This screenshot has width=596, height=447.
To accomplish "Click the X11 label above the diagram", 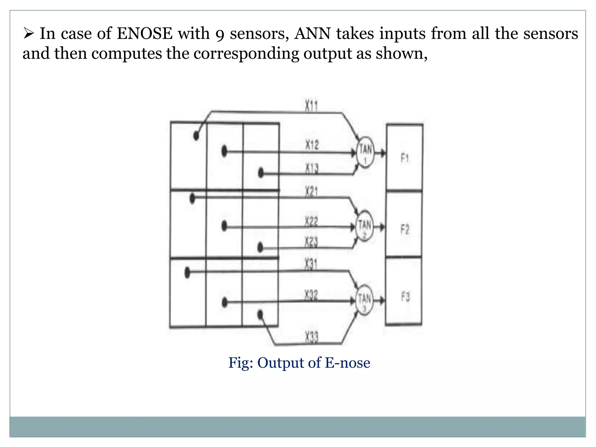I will click(x=311, y=106).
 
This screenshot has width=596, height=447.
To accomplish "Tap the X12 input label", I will click(x=312, y=145).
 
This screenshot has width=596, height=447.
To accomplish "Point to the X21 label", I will click(x=311, y=192).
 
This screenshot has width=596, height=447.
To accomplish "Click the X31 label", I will click(x=311, y=265).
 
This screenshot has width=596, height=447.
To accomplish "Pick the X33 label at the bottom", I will click(x=312, y=338).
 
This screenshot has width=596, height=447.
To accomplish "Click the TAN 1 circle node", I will click(x=365, y=152).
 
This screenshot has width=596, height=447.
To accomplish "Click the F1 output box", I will click(x=405, y=158).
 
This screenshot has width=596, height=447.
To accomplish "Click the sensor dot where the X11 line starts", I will click(x=196, y=136).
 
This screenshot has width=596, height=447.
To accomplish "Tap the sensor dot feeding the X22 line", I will click(x=224, y=226).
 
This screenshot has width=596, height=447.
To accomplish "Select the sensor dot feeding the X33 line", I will click(x=260, y=315).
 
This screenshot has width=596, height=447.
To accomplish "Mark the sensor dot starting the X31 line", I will click(x=187, y=273).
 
